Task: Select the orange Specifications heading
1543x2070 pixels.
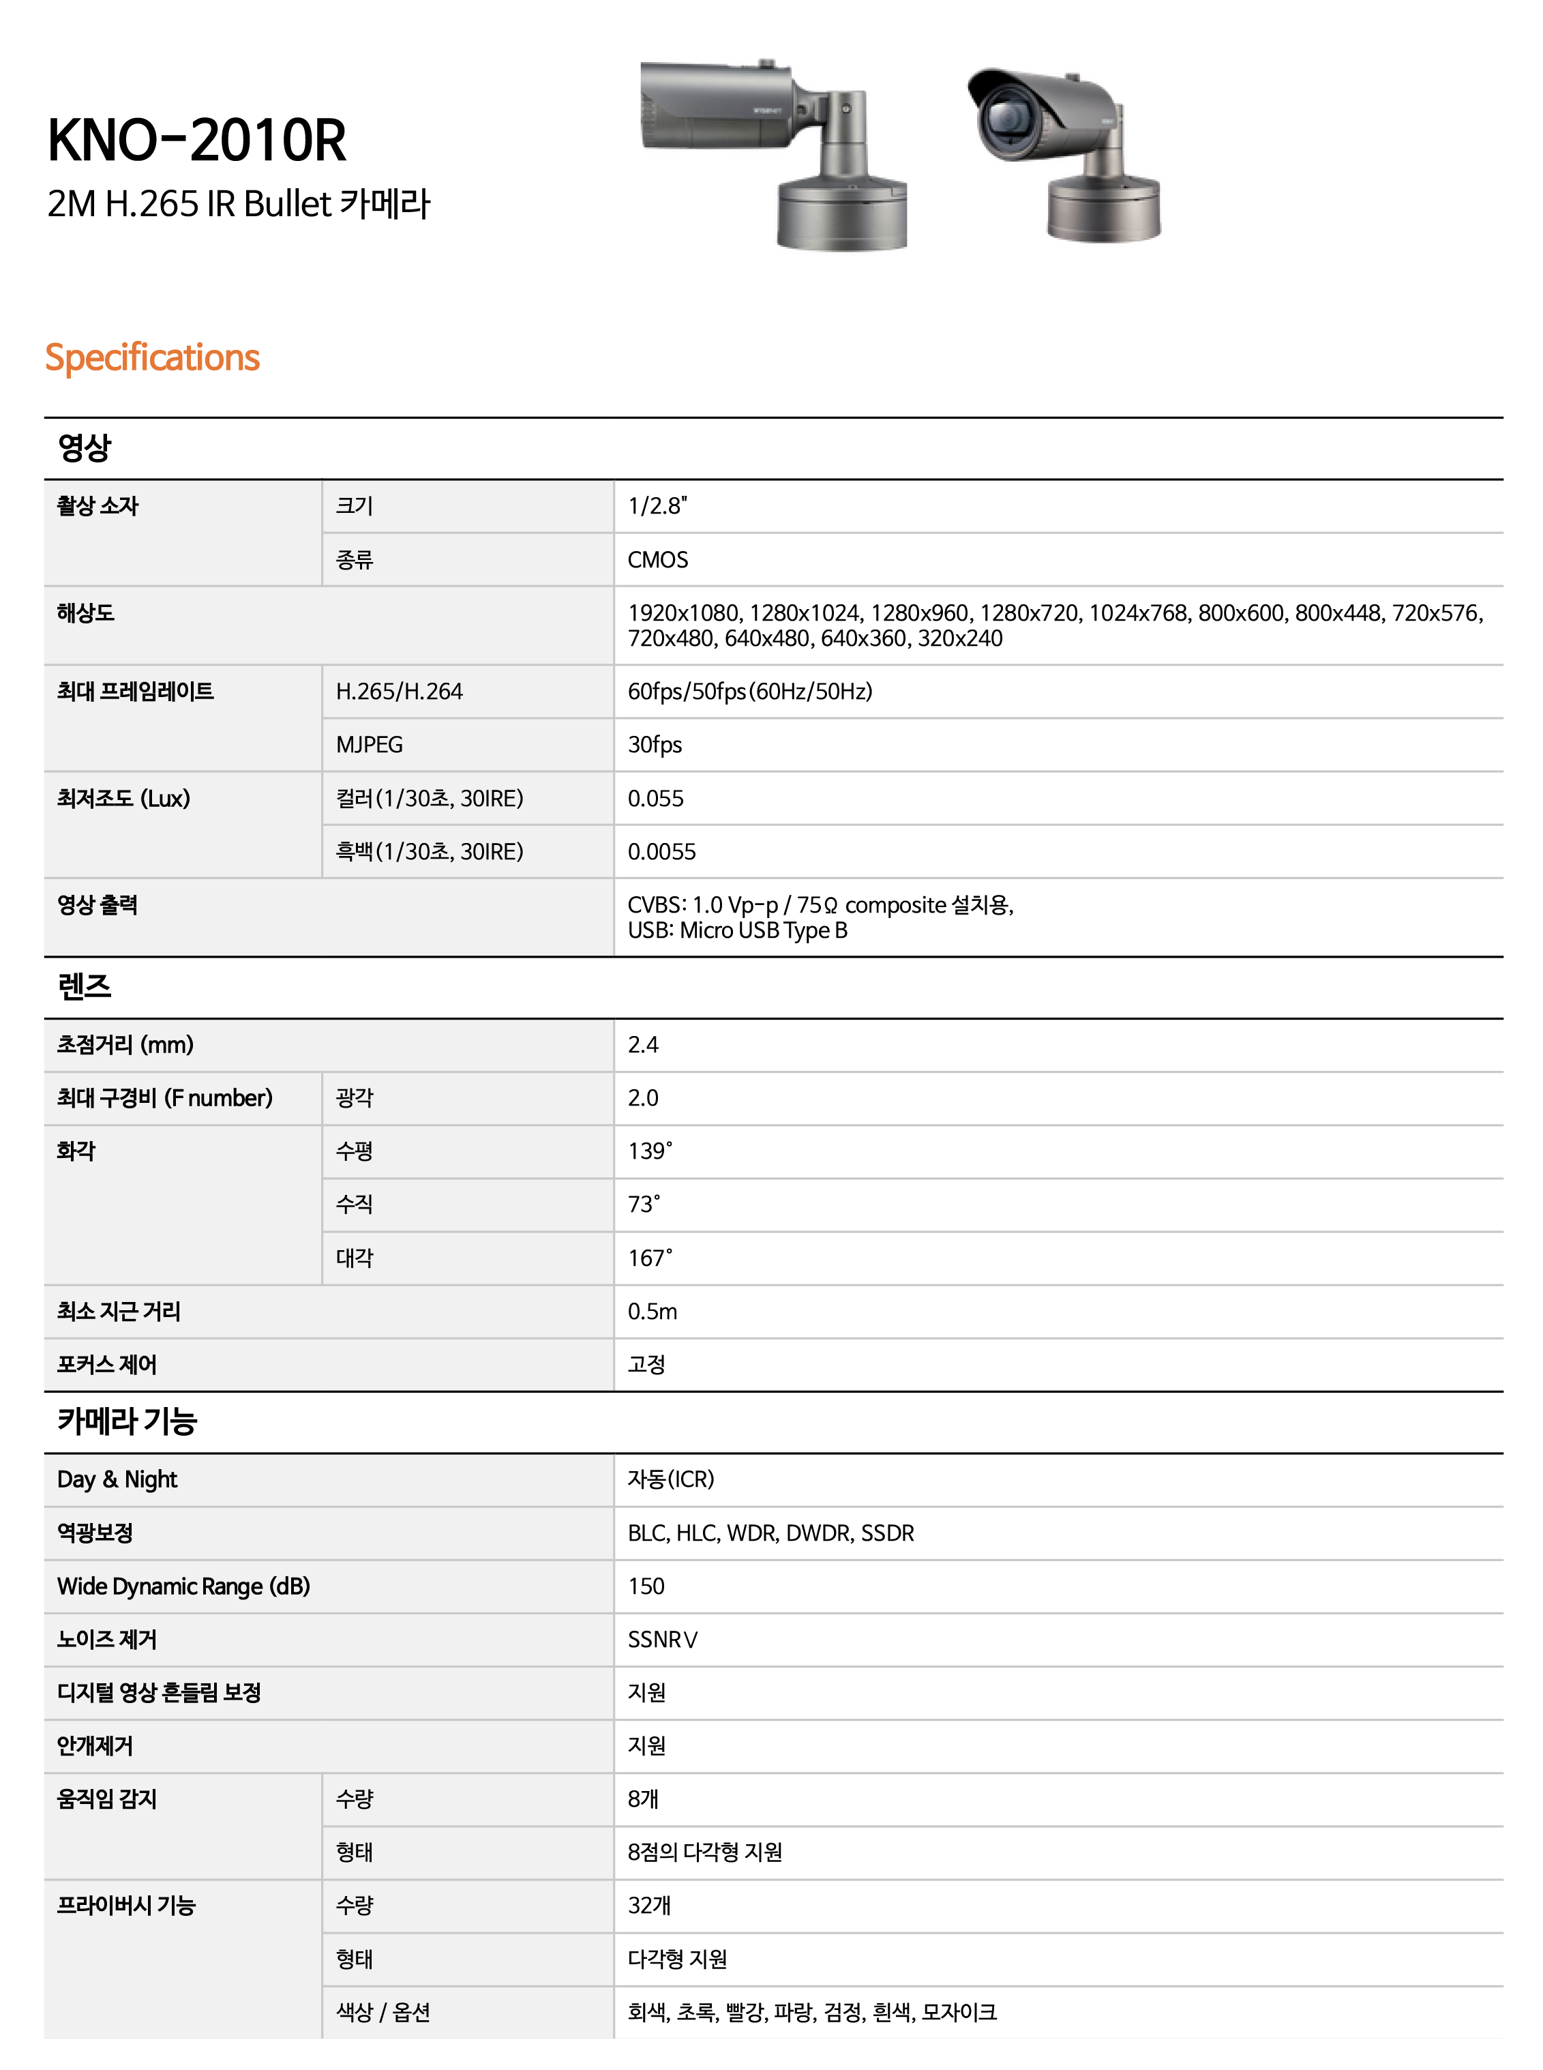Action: pyautogui.click(x=152, y=358)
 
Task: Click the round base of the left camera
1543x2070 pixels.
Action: pyautogui.click(x=841, y=215)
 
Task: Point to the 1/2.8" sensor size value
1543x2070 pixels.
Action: pyautogui.click(x=657, y=506)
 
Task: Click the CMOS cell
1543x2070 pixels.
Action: pyautogui.click(x=657, y=559)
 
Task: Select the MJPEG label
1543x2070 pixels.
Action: pyautogui.click(x=369, y=745)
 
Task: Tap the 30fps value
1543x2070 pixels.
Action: pyautogui.click(x=655, y=745)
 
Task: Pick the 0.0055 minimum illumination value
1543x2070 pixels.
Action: pyautogui.click(x=661, y=852)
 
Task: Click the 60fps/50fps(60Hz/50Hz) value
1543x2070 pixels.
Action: pyautogui.click(x=750, y=691)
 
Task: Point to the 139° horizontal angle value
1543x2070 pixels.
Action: pyautogui.click(x=649, y=1151)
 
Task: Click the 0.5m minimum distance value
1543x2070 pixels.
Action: pyautogui.click(x=652, y=1312)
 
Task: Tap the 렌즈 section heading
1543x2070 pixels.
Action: pyautogui.click(x=84, y=986)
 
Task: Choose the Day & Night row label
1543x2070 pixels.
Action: pyautogui.click(x=117, y=1479)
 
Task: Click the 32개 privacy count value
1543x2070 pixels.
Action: pyautogui.click(x=649, y=1906)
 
